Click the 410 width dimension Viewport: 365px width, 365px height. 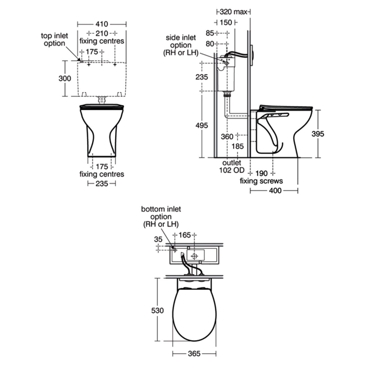pyautogui.click(x=102, y=24)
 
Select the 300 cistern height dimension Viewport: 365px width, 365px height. pyautogui.click(x=65, y=78)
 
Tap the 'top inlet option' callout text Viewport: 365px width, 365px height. pyautogui.click(x=54, y=39)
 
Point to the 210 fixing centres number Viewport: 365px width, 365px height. pyautogui.click(x=102, y=34)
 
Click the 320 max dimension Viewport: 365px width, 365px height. pyautogui.click(x=233, y=12)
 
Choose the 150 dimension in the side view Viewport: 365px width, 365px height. pyautogui.click(x=226, y=22)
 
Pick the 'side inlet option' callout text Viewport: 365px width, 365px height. pyautogui.click(x=181, y=45)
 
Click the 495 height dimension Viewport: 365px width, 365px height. pyautogui.click(x=202, y=125)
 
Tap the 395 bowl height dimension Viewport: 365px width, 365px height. pyautogui.click(x=318, y=134)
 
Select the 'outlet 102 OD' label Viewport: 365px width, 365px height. pyautogui.click(x=232, y=166)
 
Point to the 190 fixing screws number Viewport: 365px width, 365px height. pyautogui.click(x=262, y=174)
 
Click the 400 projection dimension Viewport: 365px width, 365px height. pyautogui.click(x=275, y=191)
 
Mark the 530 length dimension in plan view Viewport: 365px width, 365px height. pyautogui.click(x=157, y=311)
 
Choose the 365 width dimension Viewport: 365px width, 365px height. pyautogui.click(x=194, y=354)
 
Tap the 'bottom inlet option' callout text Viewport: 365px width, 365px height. pyautogui.click(x=161, y=217)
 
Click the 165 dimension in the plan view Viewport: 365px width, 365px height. pyautogui.click(x=185, y=235)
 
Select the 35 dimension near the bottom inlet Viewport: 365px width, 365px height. pyautogui.click(x=158, y=239)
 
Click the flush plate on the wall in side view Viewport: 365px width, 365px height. pyautogui.click(x=253, y=55)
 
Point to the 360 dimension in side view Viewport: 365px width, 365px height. pyautogui.click(x=227, y=136)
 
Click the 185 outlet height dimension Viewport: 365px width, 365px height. pyautogui.click(x=238, y=147)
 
